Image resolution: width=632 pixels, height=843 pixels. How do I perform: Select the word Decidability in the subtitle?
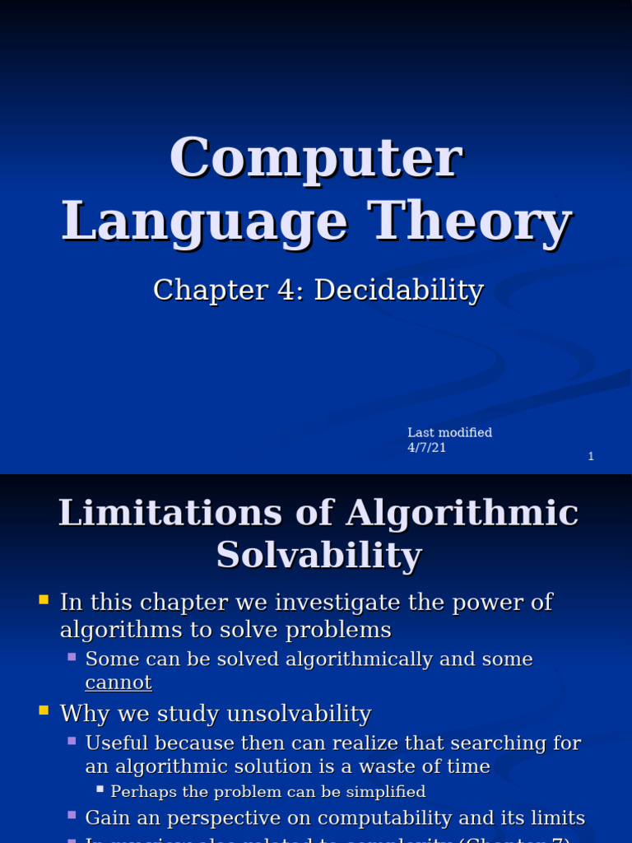399,290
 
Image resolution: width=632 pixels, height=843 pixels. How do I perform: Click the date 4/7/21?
426,448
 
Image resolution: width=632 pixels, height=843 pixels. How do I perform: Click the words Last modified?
449,432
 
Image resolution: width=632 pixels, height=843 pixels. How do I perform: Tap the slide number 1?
591,456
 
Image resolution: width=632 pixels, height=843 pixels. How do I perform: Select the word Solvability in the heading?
319,555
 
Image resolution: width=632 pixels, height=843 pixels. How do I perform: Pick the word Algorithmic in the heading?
462,513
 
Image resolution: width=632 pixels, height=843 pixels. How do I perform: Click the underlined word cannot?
118,682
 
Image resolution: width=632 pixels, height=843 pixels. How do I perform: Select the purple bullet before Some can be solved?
72,657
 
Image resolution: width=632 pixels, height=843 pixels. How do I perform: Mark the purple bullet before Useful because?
72,741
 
